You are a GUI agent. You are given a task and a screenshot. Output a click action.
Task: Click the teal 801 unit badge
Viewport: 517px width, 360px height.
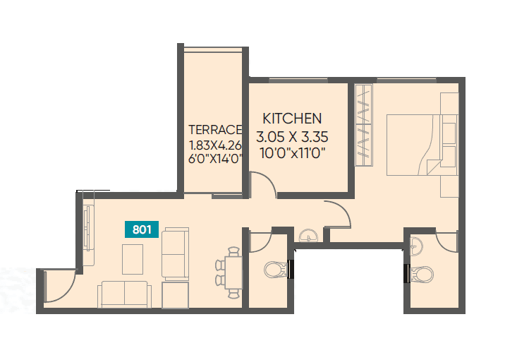pos(142,229)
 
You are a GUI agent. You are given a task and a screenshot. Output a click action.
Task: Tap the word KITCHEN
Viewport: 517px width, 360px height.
pos(292,119)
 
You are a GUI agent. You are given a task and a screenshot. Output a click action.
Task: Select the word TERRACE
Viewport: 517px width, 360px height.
pos(215,129)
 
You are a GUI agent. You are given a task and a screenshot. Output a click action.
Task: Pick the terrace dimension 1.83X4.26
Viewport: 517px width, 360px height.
pos(216,145)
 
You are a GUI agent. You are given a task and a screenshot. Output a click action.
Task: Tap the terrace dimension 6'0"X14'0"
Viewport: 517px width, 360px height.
pos(216,159)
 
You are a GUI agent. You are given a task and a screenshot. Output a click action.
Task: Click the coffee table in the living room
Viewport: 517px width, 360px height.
pos(132,258)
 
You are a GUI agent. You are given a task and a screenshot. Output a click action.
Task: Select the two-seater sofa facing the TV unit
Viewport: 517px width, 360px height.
pos(175,253)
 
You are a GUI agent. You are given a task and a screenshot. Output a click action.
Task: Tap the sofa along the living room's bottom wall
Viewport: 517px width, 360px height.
pos(124,293)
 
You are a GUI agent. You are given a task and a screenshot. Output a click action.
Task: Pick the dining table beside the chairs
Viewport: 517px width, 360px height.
pos(234,270)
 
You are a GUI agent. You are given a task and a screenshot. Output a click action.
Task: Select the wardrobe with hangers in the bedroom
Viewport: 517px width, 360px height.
pos(363,126)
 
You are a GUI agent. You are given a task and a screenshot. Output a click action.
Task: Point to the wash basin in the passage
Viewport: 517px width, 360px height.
pos(308,236)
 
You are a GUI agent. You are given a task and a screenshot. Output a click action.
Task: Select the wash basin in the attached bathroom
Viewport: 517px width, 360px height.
pos(417,246)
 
